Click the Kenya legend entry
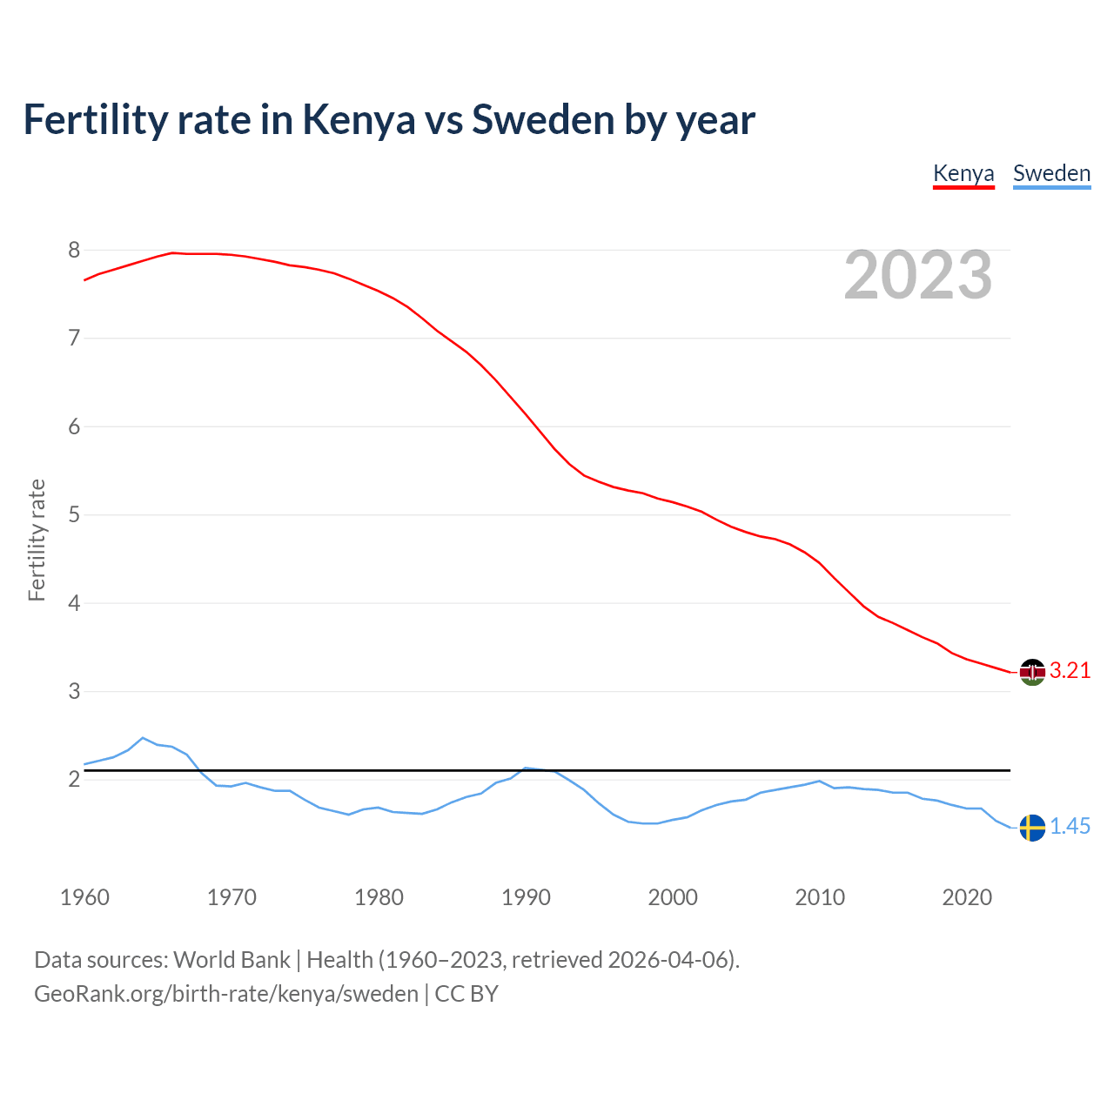963,173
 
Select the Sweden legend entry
1051,173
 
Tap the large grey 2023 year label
918,275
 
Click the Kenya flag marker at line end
1032,672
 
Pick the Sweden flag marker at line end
1032,828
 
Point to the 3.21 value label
1070,671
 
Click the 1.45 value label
1070,827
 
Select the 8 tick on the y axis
74,251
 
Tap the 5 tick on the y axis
74,515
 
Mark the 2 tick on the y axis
74,780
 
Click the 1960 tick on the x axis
84,897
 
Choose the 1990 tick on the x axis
526,897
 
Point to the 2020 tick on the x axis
967,897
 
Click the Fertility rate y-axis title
37,540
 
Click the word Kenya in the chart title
359,120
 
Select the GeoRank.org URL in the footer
226,994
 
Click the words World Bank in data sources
232,960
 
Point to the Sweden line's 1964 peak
143,738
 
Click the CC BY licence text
466,994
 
